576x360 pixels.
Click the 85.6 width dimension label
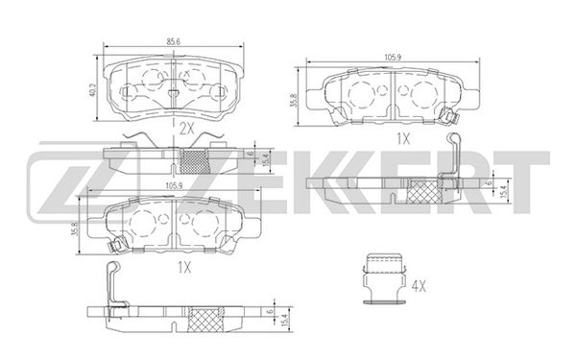click(x=173, y=42)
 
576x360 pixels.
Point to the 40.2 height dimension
click(x=92, y=90)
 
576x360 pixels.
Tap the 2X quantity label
click(x=186, y=129)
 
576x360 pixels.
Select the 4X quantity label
click(x=419, y=286)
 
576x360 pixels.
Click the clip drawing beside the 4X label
click(x=384, y=278)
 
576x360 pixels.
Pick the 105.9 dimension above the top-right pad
click(x=393, y=57)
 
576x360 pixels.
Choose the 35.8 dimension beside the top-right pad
click(x=293, y=100)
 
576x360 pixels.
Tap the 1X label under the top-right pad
click(x=403, y=139)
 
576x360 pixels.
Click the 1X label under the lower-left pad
click(x=184, y=268)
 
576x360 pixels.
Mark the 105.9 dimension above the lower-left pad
click(x=174, y=185)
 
